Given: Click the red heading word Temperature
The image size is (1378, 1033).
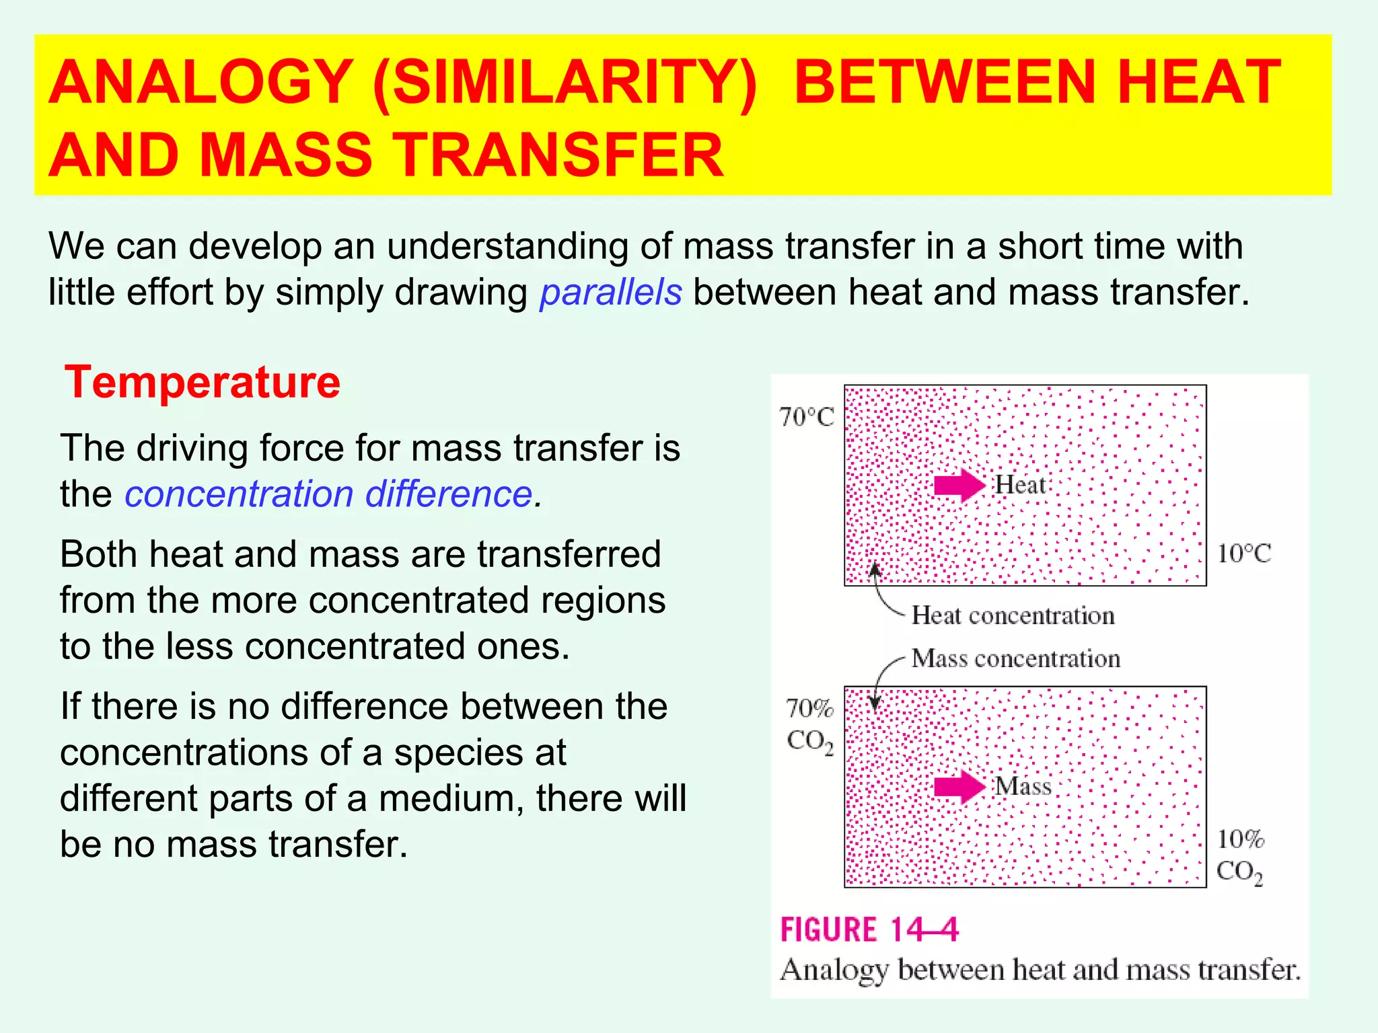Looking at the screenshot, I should coord(202,383).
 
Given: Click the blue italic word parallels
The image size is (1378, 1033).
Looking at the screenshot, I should coord(610,293).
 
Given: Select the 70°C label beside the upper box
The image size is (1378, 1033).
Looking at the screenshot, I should coord(806,418).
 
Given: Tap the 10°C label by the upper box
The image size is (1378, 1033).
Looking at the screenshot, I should coord(1243,554).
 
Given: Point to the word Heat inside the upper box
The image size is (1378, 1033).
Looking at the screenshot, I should coord(1020,485).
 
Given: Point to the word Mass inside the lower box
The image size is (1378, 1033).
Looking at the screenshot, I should coord(1023,786).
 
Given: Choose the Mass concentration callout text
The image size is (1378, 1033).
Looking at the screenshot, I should coord(1015,658).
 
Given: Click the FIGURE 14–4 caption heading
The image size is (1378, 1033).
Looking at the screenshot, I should coord(869,930).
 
